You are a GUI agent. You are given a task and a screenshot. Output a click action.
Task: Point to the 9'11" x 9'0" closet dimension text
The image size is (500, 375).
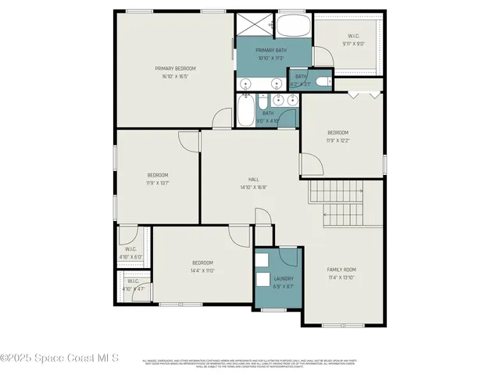click(353, 45)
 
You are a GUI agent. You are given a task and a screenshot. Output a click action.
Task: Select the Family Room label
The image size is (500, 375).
click(341, 270)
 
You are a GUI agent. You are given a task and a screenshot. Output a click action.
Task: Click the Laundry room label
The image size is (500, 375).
click(283, 278)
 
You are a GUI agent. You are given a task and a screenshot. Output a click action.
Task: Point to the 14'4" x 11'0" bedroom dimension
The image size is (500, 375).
click(202, 271)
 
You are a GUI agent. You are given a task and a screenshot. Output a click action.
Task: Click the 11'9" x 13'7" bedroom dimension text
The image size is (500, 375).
click(158, 183)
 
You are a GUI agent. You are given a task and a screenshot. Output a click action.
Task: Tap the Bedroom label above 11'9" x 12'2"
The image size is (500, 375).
click(337, 132)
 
